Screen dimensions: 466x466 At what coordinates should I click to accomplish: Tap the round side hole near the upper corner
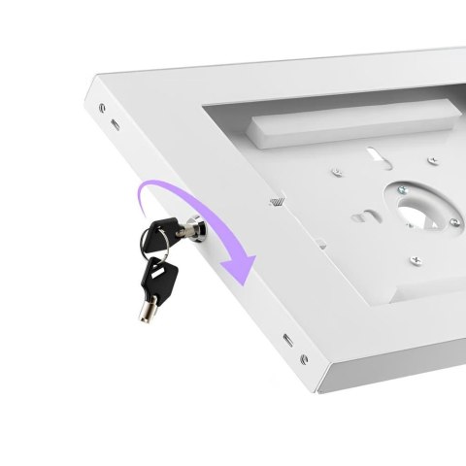point(100,101)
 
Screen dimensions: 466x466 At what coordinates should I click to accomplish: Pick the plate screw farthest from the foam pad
point(415,259)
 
